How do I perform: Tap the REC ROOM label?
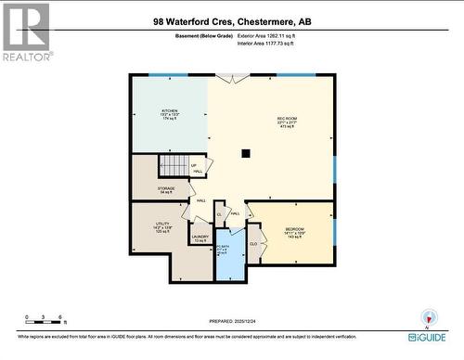(288, 121)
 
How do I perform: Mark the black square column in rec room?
(245, 154)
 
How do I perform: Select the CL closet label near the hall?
(219, 214)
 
